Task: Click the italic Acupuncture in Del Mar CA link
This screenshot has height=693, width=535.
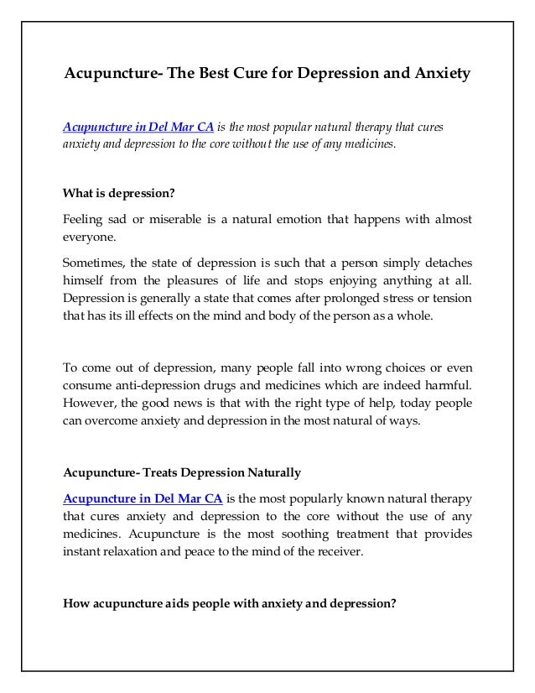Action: pyautogui.click(x=138, y=127)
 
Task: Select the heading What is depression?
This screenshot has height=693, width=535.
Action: pyautogui.click(x=119, y=193)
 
